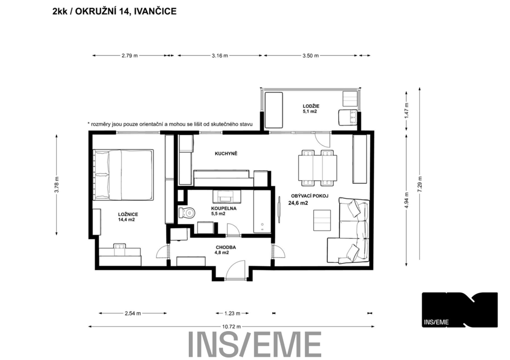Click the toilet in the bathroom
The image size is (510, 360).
pos(187,213)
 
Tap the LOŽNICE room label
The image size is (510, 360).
pos(128,214)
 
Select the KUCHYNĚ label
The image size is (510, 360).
pos(226,153)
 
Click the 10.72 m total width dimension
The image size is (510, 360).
pos(231,327)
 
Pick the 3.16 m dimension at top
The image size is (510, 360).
pos(220,56)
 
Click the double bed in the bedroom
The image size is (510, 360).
pos(123,175)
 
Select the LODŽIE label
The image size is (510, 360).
pos(311,106)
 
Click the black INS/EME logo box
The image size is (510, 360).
pos(460,310)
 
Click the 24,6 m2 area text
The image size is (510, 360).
pos(298,203)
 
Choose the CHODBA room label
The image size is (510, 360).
pos(226,247)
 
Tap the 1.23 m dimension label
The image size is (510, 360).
pos(232,314)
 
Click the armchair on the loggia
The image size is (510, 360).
pos(348,118)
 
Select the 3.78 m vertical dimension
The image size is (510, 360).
pos(57,184)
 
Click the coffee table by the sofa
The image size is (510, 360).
pos(322,221)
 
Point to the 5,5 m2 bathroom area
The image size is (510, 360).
pos(218,214)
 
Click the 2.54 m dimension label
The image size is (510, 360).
pos(132,314)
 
